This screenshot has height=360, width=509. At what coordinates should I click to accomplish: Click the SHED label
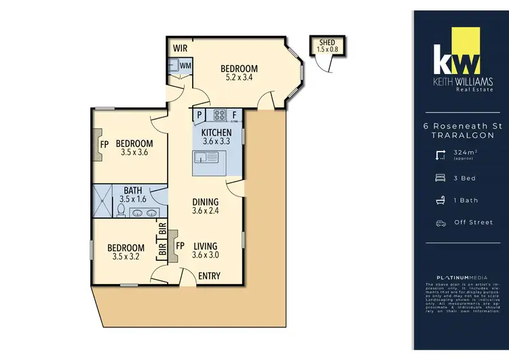click(326, 42)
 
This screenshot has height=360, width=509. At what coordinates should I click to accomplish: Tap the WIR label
click(180, 48)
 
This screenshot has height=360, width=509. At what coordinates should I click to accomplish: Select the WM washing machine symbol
click(185, 65)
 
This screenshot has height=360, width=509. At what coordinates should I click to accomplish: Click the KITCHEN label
click(217, 132)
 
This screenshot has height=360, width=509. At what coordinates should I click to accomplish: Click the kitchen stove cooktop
click(219, 114)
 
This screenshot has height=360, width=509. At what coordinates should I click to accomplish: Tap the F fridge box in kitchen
click(234, 114)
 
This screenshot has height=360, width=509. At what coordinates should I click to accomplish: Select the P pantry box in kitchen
click(200, 114)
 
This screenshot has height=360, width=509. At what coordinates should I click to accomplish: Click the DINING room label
click(206, 202)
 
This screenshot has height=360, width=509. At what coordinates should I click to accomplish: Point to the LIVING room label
click(204, 246)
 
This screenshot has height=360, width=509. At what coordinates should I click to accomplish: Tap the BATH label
click(132, 191)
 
